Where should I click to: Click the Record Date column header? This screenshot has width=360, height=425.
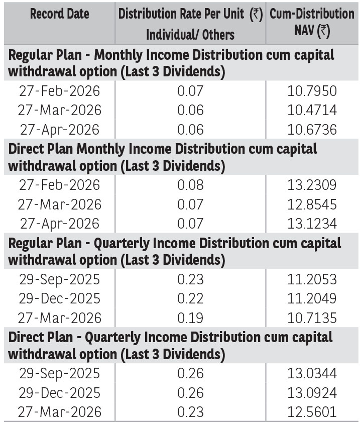point(59,14)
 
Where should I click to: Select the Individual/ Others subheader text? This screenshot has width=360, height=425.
point(190,35)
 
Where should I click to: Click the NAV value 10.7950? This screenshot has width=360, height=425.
point(312,91)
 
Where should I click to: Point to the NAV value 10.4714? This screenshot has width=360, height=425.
point(312,110)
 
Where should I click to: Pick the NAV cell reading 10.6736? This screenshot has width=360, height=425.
point(312,130)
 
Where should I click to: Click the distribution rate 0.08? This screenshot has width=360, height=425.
point(190,185)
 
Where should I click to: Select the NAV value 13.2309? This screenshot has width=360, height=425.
point(312,185)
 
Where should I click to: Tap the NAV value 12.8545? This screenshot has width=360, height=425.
point(312,204)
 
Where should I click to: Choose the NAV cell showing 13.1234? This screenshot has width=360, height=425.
point(312,224)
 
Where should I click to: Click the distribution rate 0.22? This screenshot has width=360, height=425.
point(190,298)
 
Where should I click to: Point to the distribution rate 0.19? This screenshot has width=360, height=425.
point(190,318)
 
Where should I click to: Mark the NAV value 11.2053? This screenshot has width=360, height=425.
point(312,279)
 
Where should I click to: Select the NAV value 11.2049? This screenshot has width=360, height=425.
point(312,298)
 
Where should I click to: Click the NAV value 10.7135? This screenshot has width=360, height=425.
point(312,318)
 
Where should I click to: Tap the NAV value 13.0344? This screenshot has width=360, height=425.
point(312,373)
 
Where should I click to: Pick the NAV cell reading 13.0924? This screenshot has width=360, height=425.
point(312,393)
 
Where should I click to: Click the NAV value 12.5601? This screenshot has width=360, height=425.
point(312,412)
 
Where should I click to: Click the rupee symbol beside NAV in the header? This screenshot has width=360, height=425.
point(324,31)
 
